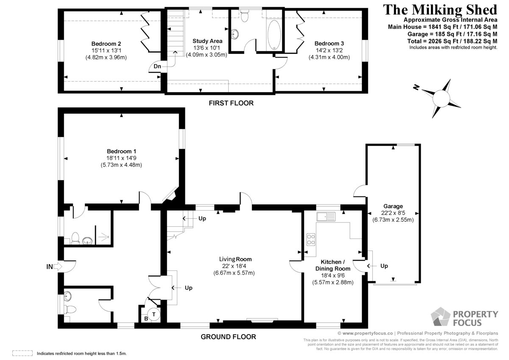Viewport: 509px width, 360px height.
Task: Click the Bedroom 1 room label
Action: [122, 151]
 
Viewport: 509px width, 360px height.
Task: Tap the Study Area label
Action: [207, 41]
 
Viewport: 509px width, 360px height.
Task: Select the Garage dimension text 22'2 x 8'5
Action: [393, 213]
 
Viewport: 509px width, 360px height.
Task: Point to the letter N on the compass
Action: [416, 87]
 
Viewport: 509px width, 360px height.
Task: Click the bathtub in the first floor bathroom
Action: [274, 35]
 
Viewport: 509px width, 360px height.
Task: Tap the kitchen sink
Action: [326, 217]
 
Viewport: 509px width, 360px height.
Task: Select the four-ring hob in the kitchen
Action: [310, 239]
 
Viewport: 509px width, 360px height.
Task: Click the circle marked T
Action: [154, 314]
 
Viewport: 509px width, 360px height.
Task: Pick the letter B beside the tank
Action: [146, 319]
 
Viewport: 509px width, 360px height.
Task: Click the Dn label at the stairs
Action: [157, 66]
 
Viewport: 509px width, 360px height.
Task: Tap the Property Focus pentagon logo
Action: [440, 317]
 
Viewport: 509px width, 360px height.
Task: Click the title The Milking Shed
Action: [440, 9]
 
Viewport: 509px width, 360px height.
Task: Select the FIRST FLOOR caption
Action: [231, 103]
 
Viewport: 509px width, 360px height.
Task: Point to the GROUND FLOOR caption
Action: [228, 337]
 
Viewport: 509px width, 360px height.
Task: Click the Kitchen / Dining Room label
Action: [333, 265]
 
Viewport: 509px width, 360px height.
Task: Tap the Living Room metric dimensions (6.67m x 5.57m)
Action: [234, 273]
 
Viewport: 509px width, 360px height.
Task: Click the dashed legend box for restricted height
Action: [22, 353]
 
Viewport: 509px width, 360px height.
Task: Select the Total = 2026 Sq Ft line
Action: [452, 41]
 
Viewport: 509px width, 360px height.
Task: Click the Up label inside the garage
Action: [384, 266]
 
